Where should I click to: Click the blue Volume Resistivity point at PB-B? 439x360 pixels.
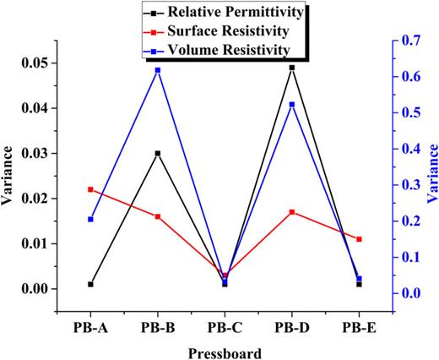point(157,70)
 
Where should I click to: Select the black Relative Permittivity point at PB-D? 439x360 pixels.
point(291,68)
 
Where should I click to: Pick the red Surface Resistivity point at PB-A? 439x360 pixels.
point(90,189)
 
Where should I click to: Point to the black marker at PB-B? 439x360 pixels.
point(157,154)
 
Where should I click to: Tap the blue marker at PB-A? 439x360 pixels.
point(90,220)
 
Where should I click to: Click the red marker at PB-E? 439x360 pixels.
point(359,239)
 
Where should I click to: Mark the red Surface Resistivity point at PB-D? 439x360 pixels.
point(291,212)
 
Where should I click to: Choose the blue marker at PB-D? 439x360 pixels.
point(291,105)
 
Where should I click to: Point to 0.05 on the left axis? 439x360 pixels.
point(36,63)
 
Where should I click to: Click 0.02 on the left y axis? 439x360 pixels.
point(36,199)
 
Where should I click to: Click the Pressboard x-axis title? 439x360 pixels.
point(225,351)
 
